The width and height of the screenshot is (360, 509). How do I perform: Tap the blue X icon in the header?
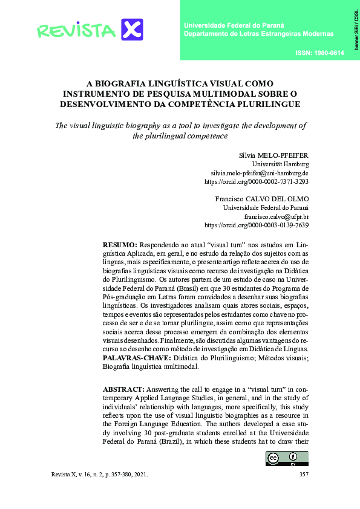[x=132, y=30]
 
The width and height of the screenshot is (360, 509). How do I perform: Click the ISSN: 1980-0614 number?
[x=319, y=53]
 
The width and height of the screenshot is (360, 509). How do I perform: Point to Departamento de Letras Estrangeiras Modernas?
[x=258, y=34]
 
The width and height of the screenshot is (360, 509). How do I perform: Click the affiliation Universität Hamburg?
[x=280, y=164]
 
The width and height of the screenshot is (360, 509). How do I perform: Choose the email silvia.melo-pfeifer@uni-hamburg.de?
[x=260, y=172]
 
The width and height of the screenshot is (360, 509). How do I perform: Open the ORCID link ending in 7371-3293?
[x=257, y=181]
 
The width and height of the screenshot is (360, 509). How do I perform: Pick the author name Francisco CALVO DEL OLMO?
[x=262, y=199]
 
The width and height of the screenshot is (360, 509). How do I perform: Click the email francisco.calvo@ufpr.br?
[x=277, y=216]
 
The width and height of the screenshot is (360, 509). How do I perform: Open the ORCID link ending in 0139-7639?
[x=257, y=225]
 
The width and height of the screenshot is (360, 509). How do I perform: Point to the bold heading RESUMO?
[x=120, y=244]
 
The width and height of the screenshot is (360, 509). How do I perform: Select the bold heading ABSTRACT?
[x=123, y=389]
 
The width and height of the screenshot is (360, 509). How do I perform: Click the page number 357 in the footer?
[x=304, y=475]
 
